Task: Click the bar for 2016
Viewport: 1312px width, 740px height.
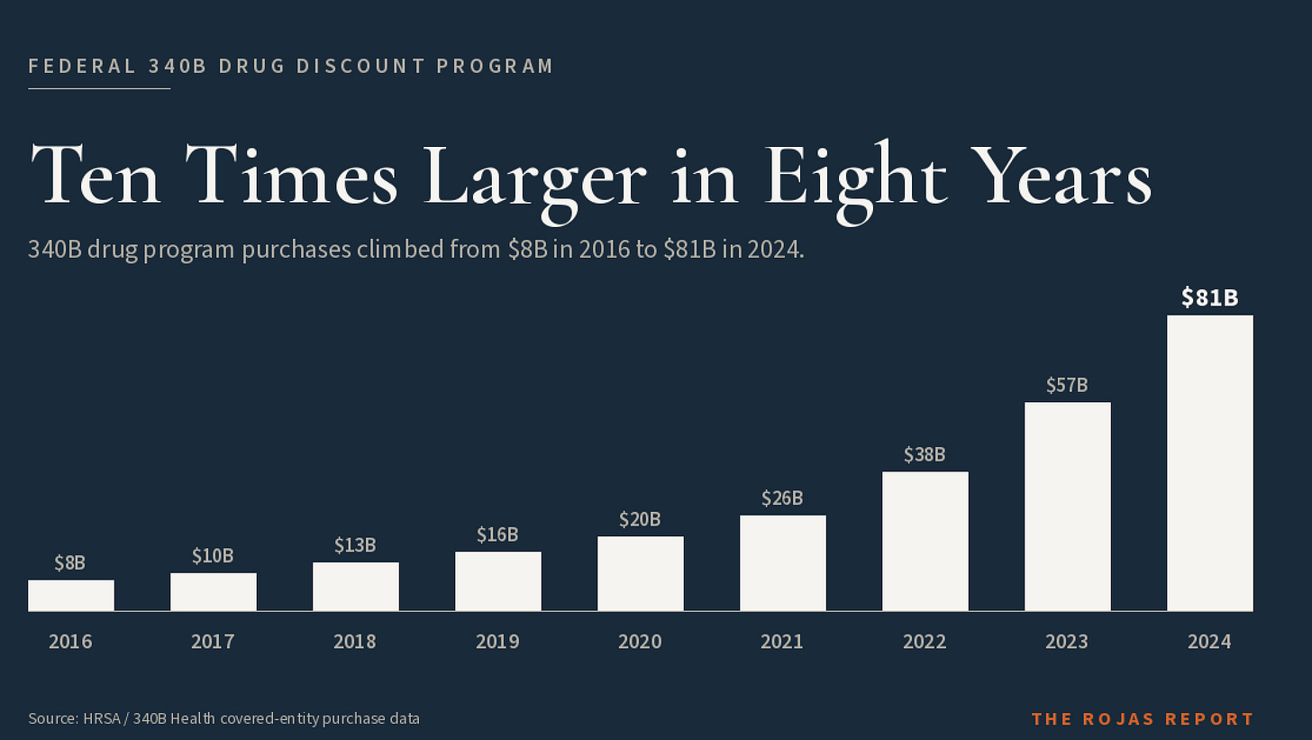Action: tap(71, 595)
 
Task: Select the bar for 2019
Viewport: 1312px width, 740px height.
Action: tap(497, 581)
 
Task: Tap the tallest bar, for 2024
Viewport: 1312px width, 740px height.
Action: tap(1210, 463)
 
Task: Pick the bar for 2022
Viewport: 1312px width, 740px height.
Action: tap(925, 542)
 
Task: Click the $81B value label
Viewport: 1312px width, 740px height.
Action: tap(1210, 297)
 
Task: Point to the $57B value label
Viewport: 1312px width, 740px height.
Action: tap(1067, 385)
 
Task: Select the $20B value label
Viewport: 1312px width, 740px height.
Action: tap(640, 519)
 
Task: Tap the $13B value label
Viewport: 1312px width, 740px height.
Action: tap(355, 545)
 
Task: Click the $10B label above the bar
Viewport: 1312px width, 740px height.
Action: tap(213, 555)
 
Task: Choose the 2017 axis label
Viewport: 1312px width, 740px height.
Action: tap(213, 642)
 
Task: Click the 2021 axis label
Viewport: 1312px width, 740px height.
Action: tap(782, 642)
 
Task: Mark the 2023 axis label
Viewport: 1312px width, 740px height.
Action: tap(1067, 642)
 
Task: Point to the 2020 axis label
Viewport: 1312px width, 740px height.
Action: tap(640, 642)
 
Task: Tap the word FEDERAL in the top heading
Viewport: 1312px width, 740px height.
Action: tap(82, 66)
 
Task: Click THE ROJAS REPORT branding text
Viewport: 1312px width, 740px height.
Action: tap(1143, 719)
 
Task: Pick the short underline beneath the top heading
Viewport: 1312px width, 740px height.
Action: tap(99, 89)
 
